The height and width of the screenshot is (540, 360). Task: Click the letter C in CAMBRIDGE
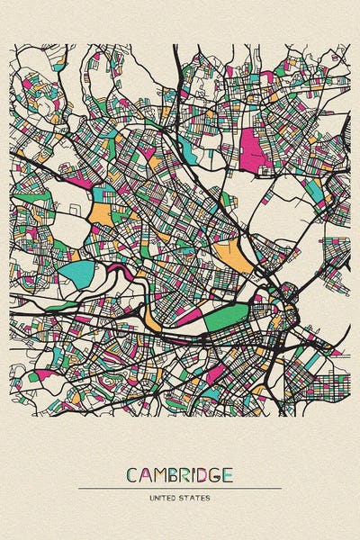click(x=132, y=474)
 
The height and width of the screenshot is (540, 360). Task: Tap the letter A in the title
click(x=146, y=474)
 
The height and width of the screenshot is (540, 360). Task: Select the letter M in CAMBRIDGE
click(x=160, y=474)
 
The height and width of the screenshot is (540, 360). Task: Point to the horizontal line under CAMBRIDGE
click(x=180, y=488)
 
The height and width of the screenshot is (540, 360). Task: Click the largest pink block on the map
click(x=253, y=148)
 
